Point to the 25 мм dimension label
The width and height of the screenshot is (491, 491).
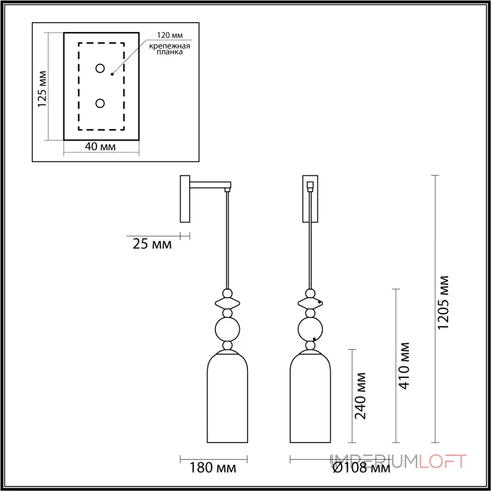point(152,244)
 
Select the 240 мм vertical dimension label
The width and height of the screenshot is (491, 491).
point(361,396)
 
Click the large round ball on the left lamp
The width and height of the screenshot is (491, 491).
point(227,330)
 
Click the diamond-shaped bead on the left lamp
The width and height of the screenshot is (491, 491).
point(227,302)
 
